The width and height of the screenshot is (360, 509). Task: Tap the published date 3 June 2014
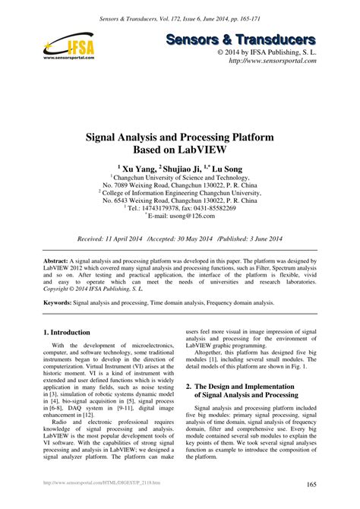click(254, 238)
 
